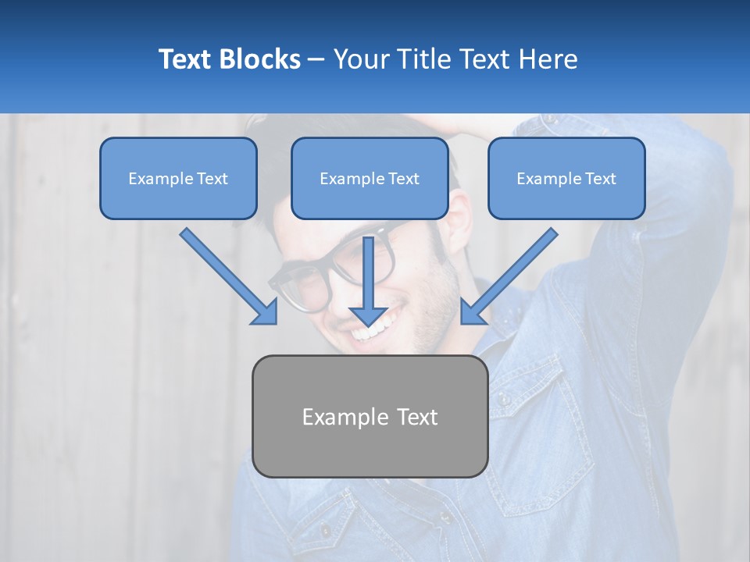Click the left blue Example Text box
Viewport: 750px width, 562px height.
pos(178,178)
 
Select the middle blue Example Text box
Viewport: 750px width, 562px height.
pos(370,178)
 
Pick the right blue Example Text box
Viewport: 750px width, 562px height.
pos(566,178)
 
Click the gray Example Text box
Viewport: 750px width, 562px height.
pos(370,416)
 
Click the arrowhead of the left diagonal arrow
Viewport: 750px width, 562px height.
pos(266,312)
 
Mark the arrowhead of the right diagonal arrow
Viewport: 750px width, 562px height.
pos(472,312)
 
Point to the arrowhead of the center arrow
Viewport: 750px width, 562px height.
pos(369,315)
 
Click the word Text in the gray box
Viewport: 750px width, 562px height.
pos(417,417)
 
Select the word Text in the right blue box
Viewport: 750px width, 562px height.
pos(600,179)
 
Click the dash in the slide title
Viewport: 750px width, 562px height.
pos(316,60)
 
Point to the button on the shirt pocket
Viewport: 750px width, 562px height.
pos(505,400)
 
